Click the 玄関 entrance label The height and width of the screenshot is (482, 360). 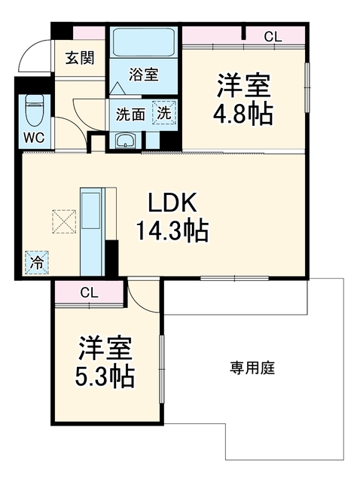(x=80, y=58)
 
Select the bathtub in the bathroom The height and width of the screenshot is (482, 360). (x=144, y=42)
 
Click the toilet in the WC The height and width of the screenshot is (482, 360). (x=34, y=111)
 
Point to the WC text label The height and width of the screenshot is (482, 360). (x=34, y=138)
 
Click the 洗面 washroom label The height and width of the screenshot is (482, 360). (x=130, y=114)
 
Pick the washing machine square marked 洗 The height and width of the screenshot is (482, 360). (x=164, y=113)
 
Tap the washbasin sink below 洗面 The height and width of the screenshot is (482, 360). (x=125, y=142)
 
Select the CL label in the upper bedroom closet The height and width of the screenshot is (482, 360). (x=273, y=37)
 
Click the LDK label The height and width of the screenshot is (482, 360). (x=172, y=203)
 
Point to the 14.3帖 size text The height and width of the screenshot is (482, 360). (x=172, y=231)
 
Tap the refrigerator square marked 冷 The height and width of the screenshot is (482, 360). (x=37, y=262)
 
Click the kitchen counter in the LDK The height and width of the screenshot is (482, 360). (x=93, y=232)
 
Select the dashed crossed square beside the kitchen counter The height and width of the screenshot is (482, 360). (x=64, y=221)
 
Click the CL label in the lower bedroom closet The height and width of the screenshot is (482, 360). (x=89, y=293)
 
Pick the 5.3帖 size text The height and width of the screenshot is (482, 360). (x=105, y=377)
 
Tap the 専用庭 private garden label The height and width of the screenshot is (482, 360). (x=252, y=368)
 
